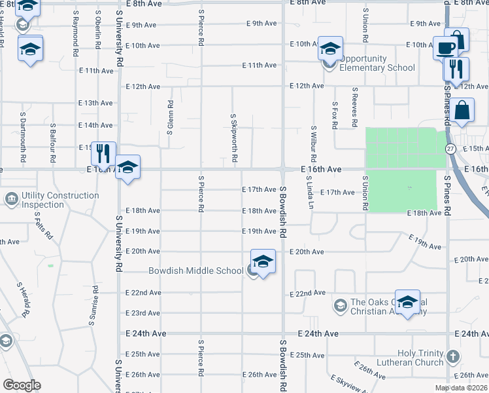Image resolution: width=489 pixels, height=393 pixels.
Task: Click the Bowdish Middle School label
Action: (195, 271)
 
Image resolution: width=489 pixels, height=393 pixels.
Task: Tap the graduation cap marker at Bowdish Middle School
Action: (263, 262)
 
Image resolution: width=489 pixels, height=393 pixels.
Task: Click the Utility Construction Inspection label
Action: (60, 200)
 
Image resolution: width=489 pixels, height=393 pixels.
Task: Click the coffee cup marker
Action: (445, 48)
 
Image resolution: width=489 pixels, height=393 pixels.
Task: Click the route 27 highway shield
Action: (450, 149)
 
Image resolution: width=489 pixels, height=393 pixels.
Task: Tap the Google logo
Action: (21, 385)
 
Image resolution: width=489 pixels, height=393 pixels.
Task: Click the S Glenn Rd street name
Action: (170, 117)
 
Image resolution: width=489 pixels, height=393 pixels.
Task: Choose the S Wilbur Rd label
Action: (314, 144)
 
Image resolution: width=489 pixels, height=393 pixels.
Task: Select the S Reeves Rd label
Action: (354, 107)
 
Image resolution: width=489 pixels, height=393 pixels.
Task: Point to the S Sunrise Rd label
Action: (95, 305)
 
